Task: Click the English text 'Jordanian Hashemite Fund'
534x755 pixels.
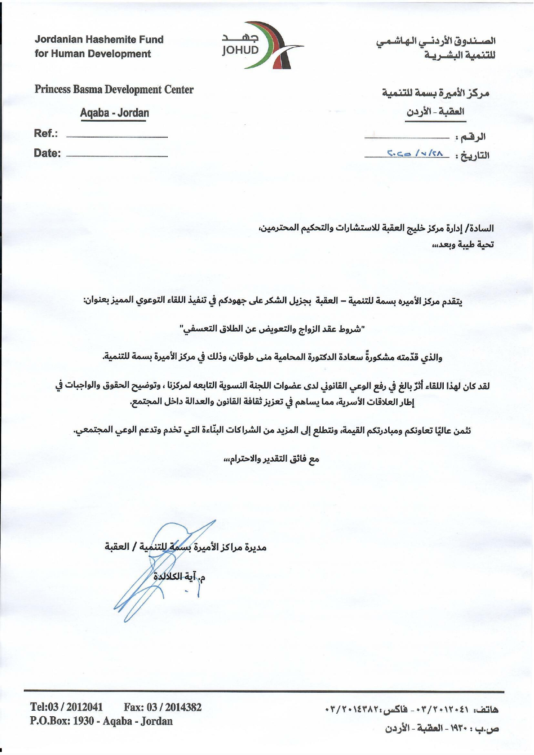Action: [x=99, y=40]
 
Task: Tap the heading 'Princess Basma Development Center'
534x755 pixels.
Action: [x=114, y=89]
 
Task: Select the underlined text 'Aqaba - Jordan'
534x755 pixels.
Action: [x=114, y=113]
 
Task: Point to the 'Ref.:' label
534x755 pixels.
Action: [x=46, y=133]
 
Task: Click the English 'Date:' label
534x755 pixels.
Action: [x=47, y=153]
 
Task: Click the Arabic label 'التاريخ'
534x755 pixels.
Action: [x=475, y=155]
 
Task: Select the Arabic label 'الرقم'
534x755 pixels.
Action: [x=473, y=137]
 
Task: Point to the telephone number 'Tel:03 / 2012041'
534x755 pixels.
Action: [x=67, y=707]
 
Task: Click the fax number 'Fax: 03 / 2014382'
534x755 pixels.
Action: [x=163, y=707]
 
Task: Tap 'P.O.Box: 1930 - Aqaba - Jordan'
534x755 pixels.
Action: [x=101, y=721]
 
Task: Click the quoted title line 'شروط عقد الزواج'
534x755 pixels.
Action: [x=272, y=330]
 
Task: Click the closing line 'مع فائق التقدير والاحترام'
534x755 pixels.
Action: [x=271, y=459]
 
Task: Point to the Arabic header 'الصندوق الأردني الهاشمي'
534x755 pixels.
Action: [x=436, y=42]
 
